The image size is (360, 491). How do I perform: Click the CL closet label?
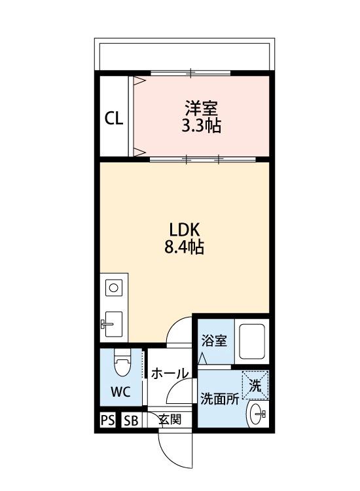coord(114,118)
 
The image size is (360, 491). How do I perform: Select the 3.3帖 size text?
coord(201,126)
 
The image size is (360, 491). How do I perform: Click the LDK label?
coord(184,230)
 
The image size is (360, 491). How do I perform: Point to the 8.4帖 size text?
coord(184,248)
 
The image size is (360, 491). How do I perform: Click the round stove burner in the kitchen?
coord(114,287)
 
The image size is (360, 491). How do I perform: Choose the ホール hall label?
coord(170,374)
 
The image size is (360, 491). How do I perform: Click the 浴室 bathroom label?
coord(213,340)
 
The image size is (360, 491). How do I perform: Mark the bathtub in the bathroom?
coord(251,342)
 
